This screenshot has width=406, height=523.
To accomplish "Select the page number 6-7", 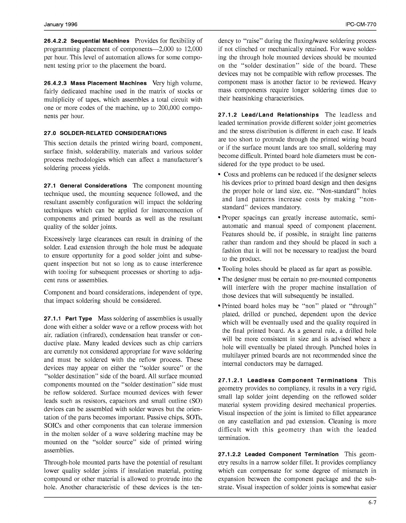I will click(x=373, y=503).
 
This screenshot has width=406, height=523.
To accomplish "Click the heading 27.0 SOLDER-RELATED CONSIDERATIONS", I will click(x=105, y=133).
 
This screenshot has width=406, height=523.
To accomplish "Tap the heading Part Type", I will click(x=79, y=319).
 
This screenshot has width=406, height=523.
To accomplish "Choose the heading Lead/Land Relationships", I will click(x=280, y=115).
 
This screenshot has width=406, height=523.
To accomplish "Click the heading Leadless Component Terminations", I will click(x=302, y=381).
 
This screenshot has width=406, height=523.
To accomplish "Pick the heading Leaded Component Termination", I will click(x=292, y=455).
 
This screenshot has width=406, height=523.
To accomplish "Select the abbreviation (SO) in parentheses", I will click(x=196, y=401).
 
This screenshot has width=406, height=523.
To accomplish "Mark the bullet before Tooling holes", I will click(x=220, y=269).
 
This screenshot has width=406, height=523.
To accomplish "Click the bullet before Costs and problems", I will click(x=220, y=175).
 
